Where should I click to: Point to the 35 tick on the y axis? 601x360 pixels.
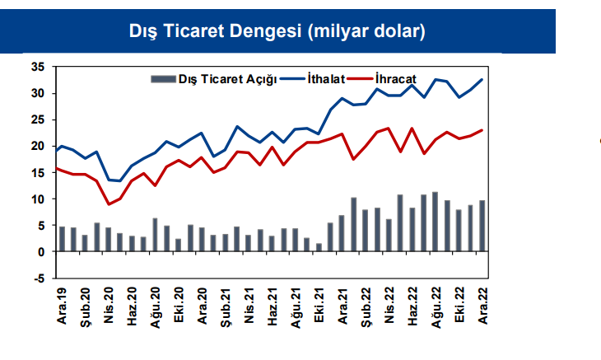tap(37, 67)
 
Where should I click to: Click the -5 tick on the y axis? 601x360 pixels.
tap(38, 278)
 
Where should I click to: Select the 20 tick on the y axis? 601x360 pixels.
tap(37, 146)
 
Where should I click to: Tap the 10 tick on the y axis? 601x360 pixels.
tap(37, 199)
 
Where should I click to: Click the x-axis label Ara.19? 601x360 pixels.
tap(62, 305)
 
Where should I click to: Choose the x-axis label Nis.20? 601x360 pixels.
tap(109, 305)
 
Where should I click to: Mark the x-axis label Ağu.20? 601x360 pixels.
tap(155, 305)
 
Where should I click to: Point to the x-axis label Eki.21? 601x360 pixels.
tap(318, 305)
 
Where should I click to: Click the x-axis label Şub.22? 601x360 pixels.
tap(366, 305)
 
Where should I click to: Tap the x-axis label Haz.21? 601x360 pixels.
tap(272, 305)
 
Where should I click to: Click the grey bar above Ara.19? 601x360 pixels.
tap(62, 239)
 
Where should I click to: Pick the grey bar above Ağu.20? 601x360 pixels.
tap(155, 235)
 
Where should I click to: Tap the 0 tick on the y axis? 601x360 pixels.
tap(40, 252)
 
